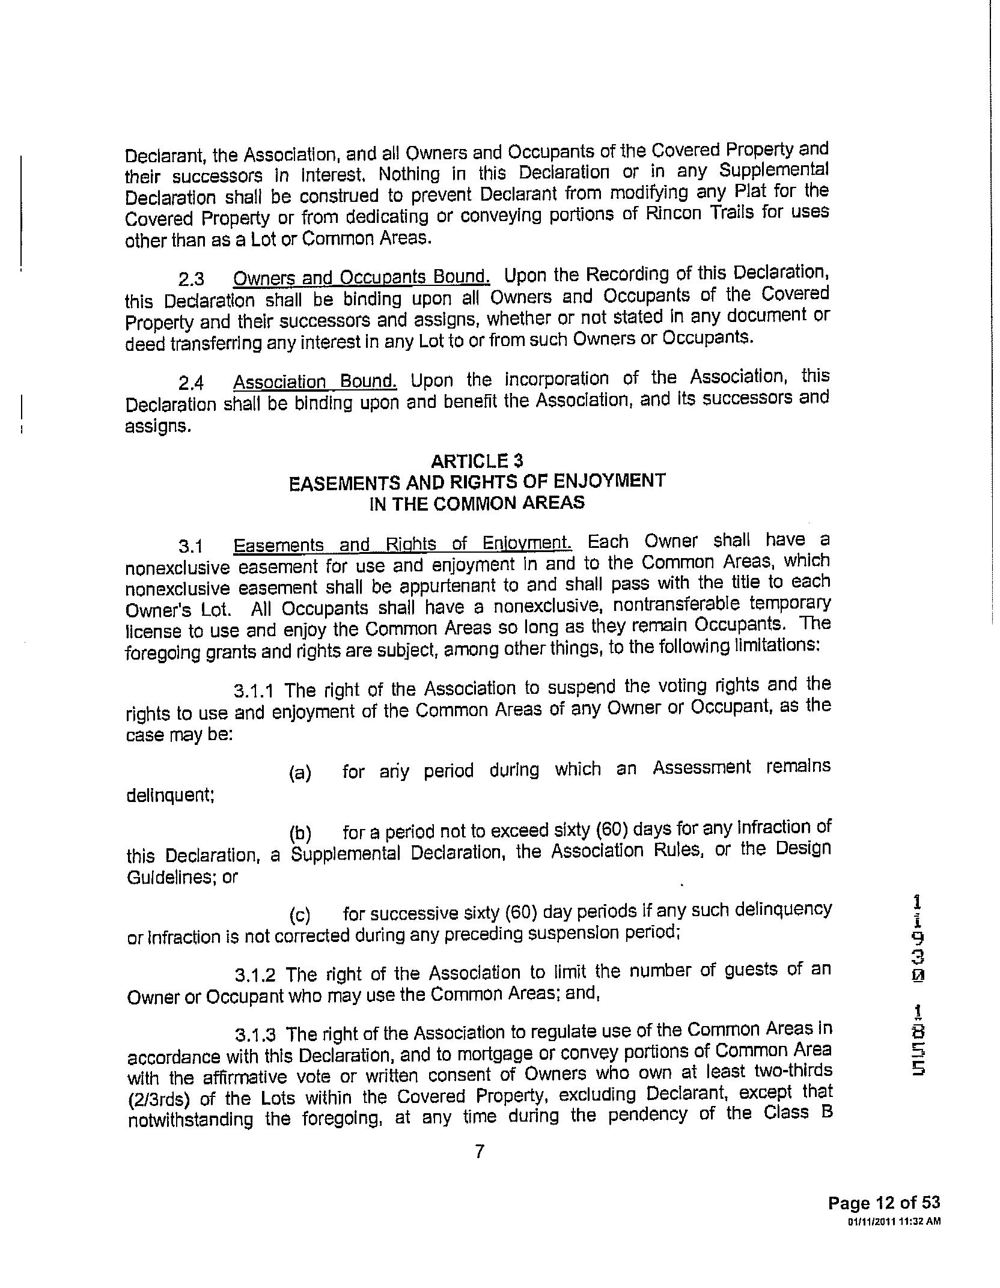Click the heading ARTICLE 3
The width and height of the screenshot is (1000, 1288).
coord(477,461)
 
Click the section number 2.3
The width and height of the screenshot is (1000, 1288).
coord(191,279)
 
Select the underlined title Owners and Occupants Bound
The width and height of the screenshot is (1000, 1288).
coord(361,277)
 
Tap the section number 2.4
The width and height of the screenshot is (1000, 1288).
coord(191,383)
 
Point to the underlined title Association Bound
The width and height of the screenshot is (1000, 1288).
coord(316,381)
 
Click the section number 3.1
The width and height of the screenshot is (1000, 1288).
coord(191,546)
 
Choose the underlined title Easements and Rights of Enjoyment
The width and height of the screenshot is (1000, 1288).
coord(403,544)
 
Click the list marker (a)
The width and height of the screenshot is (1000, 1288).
coord(300,773)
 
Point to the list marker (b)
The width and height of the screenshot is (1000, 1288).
coord(300,834)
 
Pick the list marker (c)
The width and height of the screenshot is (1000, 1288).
coord(300,916)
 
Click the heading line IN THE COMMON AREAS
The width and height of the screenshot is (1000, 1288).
coord(477,503)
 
